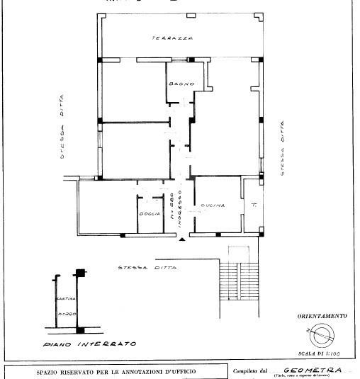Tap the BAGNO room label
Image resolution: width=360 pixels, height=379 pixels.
(177, 85)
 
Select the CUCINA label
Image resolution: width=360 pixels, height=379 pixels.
(213, 205)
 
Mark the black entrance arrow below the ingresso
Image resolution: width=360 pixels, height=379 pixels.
(184, 241)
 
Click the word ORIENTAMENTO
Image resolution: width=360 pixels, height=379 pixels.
(322, 315)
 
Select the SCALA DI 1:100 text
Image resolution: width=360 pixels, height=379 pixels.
(322, 353)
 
